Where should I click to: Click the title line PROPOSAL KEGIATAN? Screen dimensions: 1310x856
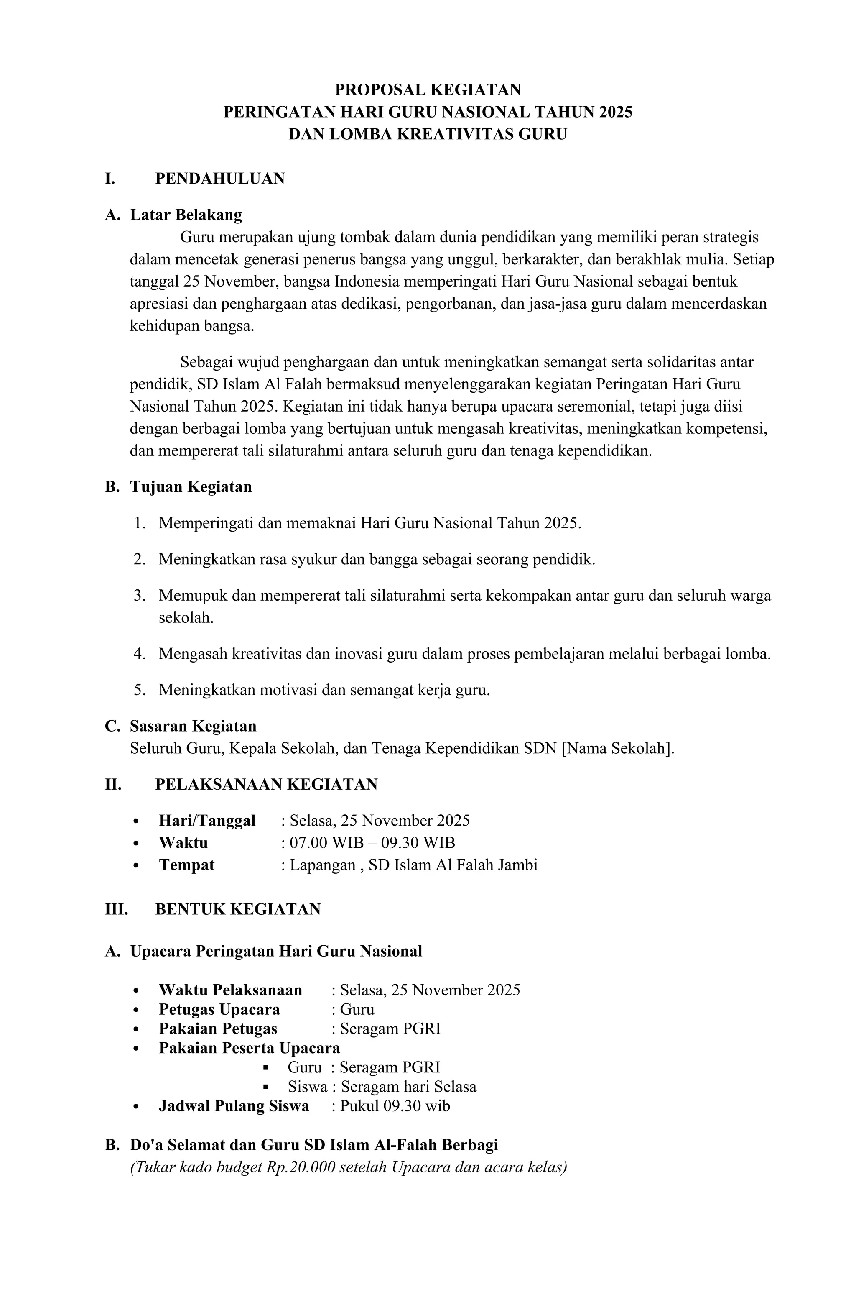[428, 89]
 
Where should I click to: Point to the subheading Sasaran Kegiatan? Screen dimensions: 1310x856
[193, 726]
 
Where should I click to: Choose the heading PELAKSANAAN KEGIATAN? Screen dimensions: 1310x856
[266, 784]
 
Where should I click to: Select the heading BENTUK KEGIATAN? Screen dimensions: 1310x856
[238, 909]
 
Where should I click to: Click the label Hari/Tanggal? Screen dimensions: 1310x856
[207, 821]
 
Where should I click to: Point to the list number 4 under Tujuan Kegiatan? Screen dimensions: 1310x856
[139, 654]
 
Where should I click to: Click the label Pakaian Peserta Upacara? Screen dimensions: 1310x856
[249, 1048]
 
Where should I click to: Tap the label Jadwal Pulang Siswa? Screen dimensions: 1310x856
[234, 1106]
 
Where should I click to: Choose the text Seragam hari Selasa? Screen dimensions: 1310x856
[408, 1087]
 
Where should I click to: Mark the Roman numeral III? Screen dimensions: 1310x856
[116, 909]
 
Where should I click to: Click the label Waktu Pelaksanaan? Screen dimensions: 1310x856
[230, 990]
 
